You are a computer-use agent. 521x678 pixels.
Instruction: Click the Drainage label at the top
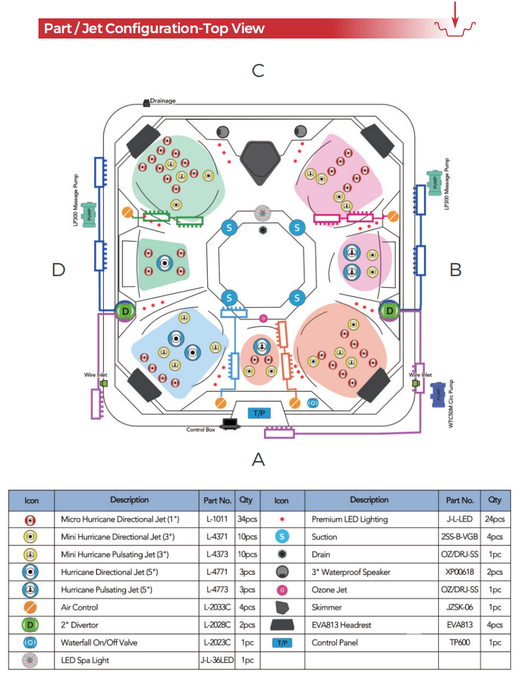pyautogui.click(x=162, y=101)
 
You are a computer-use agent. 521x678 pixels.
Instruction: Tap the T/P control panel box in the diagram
pyautogui.click(x=259, y=413)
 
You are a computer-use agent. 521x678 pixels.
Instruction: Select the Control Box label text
pyautogui.click(x=201, y=429)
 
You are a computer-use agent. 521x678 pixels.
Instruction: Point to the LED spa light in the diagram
pyautogui.click(x=262, y=213)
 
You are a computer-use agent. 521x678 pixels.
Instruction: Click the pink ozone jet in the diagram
pyautogui.click(x=263, y=319)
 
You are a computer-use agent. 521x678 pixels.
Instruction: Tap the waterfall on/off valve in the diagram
pyautogui.click(x=313, y=403)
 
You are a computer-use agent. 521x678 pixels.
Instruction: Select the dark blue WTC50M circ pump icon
pyautogui.click(x=439, y=395)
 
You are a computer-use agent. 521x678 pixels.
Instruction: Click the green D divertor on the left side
pyautogui.click(x=126, y=311)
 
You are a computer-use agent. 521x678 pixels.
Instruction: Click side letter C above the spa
pyautogui.click(x=258, y=71)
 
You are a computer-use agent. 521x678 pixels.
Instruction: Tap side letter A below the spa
pyautogui.click(x=258, y=459)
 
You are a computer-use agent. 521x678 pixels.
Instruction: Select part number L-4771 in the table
pyautogui.click(x=217, y=572)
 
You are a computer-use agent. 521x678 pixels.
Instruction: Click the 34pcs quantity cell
pyautogui.click(x=247, y=519)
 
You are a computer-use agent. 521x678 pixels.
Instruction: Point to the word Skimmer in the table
pyautogui.click(x=327, y=607)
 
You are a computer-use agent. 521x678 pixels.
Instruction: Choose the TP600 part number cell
pyautogui.click(x=459, y=642)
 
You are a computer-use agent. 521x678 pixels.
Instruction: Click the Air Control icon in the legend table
pyautogui.click(x=30, y=607)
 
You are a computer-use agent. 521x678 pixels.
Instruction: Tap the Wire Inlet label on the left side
pyautogui.click(x=95, y=375)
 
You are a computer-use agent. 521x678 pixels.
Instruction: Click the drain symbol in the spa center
pyautogui.click(x=263, y=230)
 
